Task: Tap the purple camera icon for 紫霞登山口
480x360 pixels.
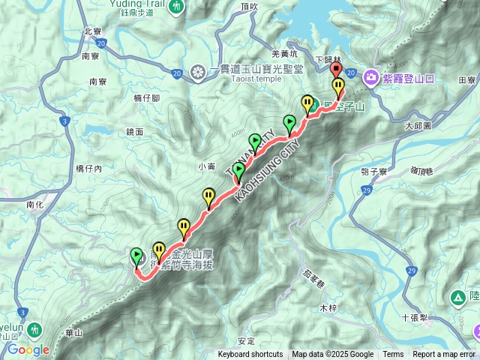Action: pyautogui.click(x=370, y=76)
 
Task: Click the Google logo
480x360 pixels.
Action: pyautogui.click(x=29, y=349)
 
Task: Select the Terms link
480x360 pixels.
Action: pyautogui.click(x=393, y=355)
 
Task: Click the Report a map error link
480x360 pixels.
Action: pyautogui.click(x=445, y=355)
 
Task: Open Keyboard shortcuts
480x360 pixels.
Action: pyautogui.click(x=250, y=355)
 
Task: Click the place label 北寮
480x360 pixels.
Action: pyautogui.click(x=93, y=31)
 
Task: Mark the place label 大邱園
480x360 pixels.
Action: pyautogui.click(x=418, y=127)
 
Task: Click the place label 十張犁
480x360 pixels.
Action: pyautogui.click(x=415, y=317)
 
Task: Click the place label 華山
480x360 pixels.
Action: pyautogui.click(x=74, y=332)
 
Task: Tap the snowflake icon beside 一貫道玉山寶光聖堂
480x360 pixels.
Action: pyautogui.click(x=198, y=73)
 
